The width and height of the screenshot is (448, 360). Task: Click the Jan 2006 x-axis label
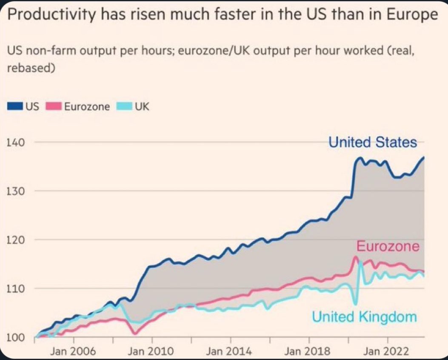(73, 351)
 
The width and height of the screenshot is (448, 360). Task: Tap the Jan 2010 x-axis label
(152, 351)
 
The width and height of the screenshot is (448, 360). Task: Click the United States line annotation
(373, 142)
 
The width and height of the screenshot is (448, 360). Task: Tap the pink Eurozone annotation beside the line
(387, 246)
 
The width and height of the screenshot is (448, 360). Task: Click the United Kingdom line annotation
(364, 317)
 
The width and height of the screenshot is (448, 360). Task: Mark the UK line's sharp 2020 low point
(355, 304)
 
